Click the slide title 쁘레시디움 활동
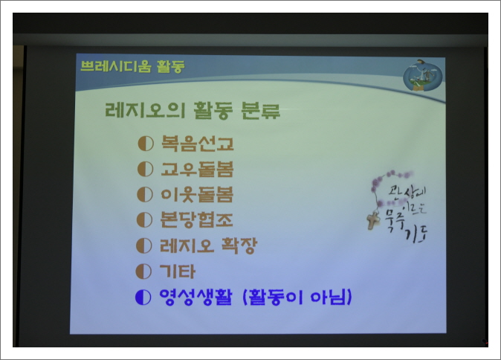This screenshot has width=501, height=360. [x=132, y=66]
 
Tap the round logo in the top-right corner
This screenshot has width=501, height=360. [x=422, y=76]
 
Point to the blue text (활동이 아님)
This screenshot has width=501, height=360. [x=297, y=298]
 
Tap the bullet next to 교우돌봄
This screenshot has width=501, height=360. [x=145, y=170]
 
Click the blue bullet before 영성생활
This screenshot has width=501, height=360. [x=143, y=298]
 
